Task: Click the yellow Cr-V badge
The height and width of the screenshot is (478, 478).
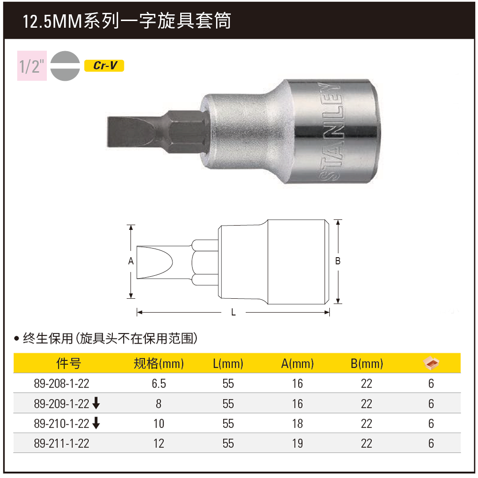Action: (x=104, y=66)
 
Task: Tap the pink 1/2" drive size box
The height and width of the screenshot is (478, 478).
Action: (x=32, y=65)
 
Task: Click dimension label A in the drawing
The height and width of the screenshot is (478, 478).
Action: (x=130, y=261)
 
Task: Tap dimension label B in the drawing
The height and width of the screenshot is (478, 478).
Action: (x=337, y=261)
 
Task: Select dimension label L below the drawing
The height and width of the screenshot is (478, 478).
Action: (x=233, y=313)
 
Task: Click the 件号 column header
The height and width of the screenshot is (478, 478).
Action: (x=69, y=363)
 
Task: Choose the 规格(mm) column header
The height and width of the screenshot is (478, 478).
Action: (x=159, y=363)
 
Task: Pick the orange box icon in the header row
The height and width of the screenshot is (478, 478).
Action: (x=431, y=363)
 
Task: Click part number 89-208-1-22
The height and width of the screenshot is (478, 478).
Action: (x=62, y=383)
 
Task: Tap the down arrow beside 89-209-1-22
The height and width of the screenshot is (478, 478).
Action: (x=96, y=404)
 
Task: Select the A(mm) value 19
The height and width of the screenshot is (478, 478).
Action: (x=297, y=444)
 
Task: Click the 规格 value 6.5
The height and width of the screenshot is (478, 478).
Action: (x=159, y=383)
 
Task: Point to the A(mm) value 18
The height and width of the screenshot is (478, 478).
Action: (x=297, y=424)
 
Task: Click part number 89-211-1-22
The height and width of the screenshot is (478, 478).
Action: (x=62, y=444)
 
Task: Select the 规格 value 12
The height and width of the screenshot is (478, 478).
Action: (x=159, y=444)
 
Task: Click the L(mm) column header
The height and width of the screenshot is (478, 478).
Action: (x=228, y=363)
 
